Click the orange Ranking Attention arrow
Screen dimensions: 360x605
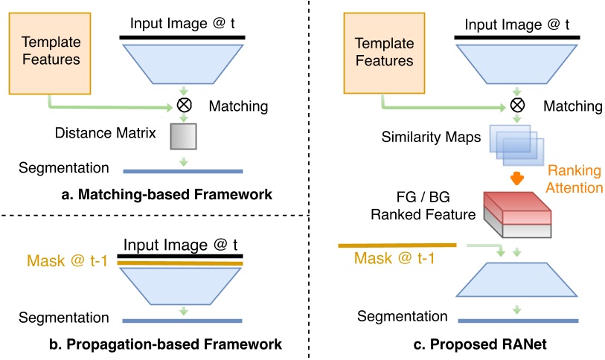(516, 179)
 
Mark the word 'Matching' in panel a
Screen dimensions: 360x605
(238, 106)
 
